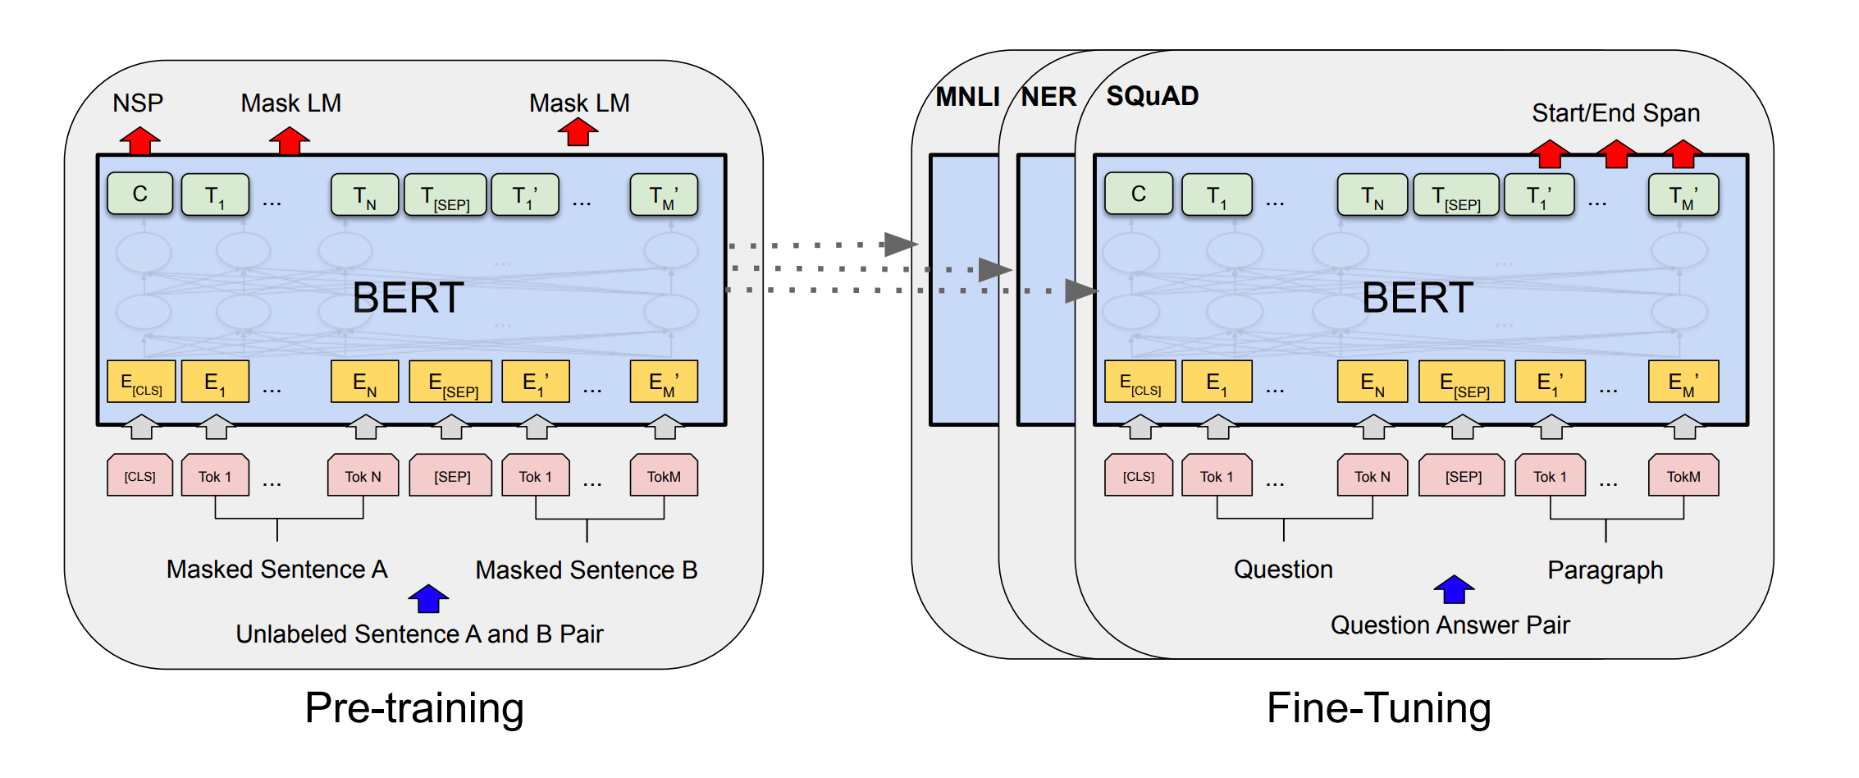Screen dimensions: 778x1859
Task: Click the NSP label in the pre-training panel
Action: (138, 103)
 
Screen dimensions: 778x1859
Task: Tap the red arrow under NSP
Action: (139, 140)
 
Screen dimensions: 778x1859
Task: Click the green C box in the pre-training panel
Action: (139, 194)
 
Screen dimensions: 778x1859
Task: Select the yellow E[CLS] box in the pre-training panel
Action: (141, 382)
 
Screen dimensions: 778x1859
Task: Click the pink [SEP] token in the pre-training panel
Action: (451, 476)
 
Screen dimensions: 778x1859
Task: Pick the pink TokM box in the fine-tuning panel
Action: (1683, 476)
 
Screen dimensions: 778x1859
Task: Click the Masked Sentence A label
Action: (276, 569)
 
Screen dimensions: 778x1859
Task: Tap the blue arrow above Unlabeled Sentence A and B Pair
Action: (428, 599)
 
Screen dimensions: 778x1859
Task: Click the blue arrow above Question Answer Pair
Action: (1454, 589)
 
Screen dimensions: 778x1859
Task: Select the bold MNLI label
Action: (967, 97)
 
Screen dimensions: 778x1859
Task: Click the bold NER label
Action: (1048, 97)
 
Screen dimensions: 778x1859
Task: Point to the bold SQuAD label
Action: (1152, 96)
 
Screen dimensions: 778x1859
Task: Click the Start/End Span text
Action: (1615, 112)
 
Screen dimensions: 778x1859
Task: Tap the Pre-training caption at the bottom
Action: (413, 707)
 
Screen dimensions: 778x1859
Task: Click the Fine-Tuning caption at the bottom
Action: (1378, 707)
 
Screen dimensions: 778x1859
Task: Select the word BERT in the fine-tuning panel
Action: (1417, 297)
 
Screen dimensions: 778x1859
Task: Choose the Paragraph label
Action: (1605, 570)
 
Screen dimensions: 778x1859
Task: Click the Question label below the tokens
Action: (1283, 569)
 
